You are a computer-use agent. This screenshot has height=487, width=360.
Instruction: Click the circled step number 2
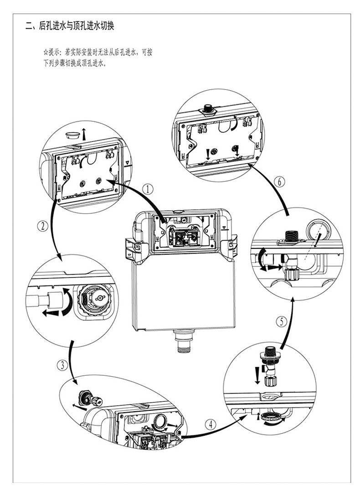(42, 225)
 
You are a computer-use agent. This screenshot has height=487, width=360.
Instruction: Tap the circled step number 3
(62, 365)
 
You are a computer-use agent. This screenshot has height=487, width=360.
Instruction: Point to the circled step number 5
(282, 321)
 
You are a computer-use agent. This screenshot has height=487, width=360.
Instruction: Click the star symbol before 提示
(45, 53)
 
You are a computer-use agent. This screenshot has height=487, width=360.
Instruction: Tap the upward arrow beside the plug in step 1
(84, 134)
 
